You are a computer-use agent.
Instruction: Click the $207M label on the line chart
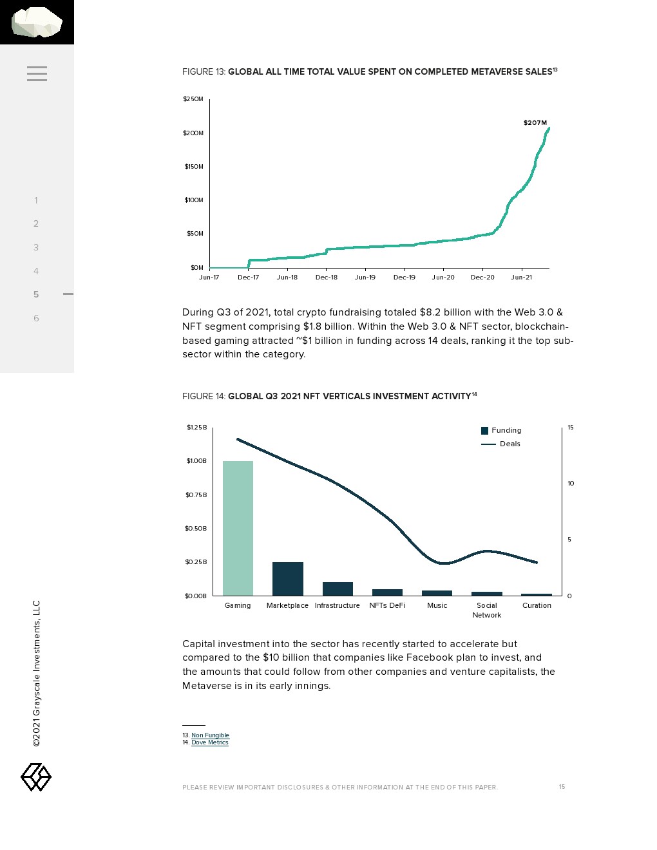tap(535, 122)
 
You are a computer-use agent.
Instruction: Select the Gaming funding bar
tap(238, 528)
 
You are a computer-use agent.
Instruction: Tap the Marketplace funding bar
tap(287, 578)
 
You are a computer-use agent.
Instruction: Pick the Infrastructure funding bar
tap(338, 589)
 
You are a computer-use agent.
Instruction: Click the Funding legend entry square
tap(485, 431)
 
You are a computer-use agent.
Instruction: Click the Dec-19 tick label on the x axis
tap(404, 278)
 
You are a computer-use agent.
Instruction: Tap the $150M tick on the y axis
tap(193, 167)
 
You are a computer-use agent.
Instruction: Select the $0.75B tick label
tap(196, 495)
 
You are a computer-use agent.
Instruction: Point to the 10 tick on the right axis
tap(571, 484)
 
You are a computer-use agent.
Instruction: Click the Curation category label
tap(537, 605)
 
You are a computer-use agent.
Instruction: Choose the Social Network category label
tap(487, 610)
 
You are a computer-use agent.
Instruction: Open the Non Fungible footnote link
tap(210, 735)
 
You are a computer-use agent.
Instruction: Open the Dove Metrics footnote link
tap(209, 742)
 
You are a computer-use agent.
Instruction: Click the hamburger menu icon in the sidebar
tap(37, 73)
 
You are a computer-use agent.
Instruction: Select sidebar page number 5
tap(36, 294)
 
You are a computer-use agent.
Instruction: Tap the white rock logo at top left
tap(37, 22)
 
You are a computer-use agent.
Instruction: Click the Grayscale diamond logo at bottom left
tap(36, 777)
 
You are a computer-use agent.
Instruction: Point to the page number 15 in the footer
tap(562, 787)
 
